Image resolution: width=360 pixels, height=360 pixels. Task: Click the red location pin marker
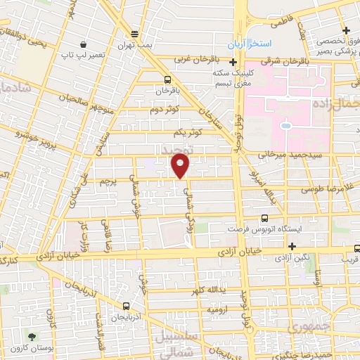(x=181, y=166)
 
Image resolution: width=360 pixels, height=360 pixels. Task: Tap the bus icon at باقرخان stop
(x=167, y=79)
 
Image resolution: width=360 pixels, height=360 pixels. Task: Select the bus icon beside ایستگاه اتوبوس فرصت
(x=264, y=218)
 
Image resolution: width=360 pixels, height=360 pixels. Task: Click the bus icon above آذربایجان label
(x=126, y=307)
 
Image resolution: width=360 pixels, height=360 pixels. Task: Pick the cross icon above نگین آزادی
(x=292, y=246)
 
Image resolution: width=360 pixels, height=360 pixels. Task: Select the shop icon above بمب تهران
(x=135, y=34)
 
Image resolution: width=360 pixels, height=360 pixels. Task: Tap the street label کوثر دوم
(x=165, y=109)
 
